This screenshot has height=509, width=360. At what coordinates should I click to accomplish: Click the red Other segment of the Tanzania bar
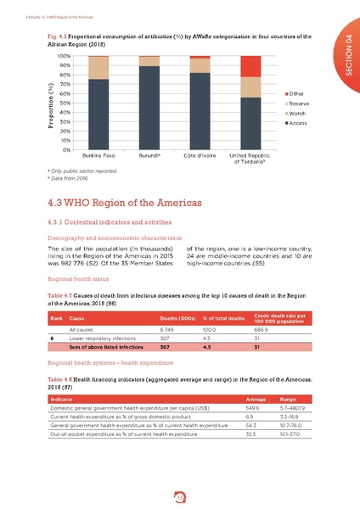250,66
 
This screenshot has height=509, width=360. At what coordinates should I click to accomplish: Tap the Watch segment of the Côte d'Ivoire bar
200,65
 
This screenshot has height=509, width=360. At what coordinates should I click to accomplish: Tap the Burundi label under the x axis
149,156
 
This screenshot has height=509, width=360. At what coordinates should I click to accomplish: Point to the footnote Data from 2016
72,177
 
